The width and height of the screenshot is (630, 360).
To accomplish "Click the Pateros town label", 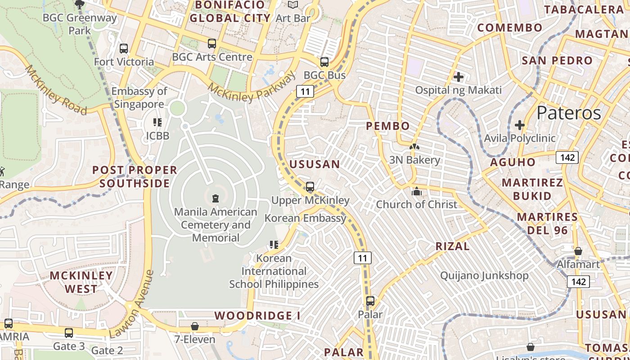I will (569, 112).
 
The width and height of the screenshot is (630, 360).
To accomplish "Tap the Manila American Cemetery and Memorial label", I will (216, 225).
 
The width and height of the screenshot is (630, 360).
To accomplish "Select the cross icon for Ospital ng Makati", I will (459, 77).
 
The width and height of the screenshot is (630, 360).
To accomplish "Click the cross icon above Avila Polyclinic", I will (520, 125).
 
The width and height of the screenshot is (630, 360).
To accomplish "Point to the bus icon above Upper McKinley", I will (310, 187).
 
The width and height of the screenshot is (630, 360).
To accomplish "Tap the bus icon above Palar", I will (370, 301).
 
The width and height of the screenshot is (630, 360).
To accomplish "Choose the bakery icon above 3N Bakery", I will (414, 147).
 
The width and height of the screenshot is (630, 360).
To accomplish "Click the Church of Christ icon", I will (417, 191).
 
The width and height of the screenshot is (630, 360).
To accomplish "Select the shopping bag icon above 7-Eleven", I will (195, 326).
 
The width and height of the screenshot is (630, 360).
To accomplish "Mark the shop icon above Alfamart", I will (578, 251).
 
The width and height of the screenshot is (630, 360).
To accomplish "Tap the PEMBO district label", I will (388, 126).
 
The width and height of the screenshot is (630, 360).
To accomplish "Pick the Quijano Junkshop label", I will (484, 275).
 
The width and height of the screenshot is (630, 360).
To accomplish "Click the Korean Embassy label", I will (306, 218).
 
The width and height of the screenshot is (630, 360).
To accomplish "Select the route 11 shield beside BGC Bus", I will (305, 92).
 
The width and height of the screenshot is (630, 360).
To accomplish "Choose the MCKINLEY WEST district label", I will (81, 282).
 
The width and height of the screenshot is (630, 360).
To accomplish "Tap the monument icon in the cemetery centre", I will (215, 198).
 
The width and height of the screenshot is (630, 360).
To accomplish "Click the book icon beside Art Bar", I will (293, 5).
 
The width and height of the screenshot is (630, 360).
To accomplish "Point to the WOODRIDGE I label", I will (257, 315).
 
